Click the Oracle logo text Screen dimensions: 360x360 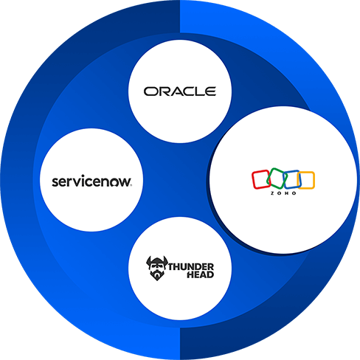tap(180, 91)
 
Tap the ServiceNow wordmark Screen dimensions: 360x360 tap(91, 181)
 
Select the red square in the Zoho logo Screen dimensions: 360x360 tap(261, 179)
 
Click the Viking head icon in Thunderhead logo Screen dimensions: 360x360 tap(156, 269)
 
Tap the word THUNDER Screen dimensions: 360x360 tap(191, 267)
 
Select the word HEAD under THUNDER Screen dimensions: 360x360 tap(201, 274)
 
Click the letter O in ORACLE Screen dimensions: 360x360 tap(150, 91)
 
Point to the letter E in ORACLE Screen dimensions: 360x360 tap(211, 91)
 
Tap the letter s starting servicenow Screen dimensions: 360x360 tap(55, 182)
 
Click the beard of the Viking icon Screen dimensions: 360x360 tap(157, 275)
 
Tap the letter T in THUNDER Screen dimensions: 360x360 tap(172, 267)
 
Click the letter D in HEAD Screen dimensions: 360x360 tap(210, 274)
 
